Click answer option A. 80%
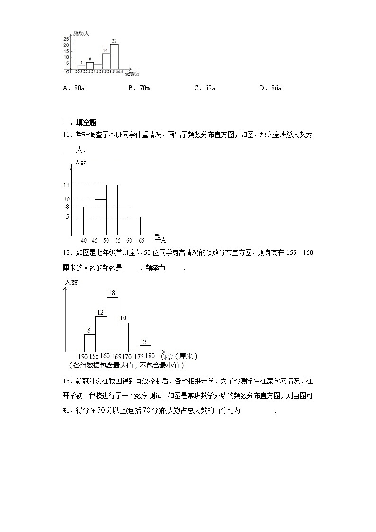(73, 88)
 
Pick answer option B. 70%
(139, 88)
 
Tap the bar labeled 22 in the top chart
(115, 57)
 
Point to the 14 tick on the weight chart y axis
(67, 185)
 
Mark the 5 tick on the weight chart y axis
(68, 217)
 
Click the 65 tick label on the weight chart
(141, 240)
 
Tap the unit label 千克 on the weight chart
(161, 240)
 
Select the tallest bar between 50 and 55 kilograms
(112, 210)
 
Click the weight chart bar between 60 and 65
(135, 226)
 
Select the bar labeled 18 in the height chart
(112, 325)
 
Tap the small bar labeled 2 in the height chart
(145, 349)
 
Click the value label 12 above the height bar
(100, 313)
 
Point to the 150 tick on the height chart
(83, 357)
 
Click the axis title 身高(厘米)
(179, 357)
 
